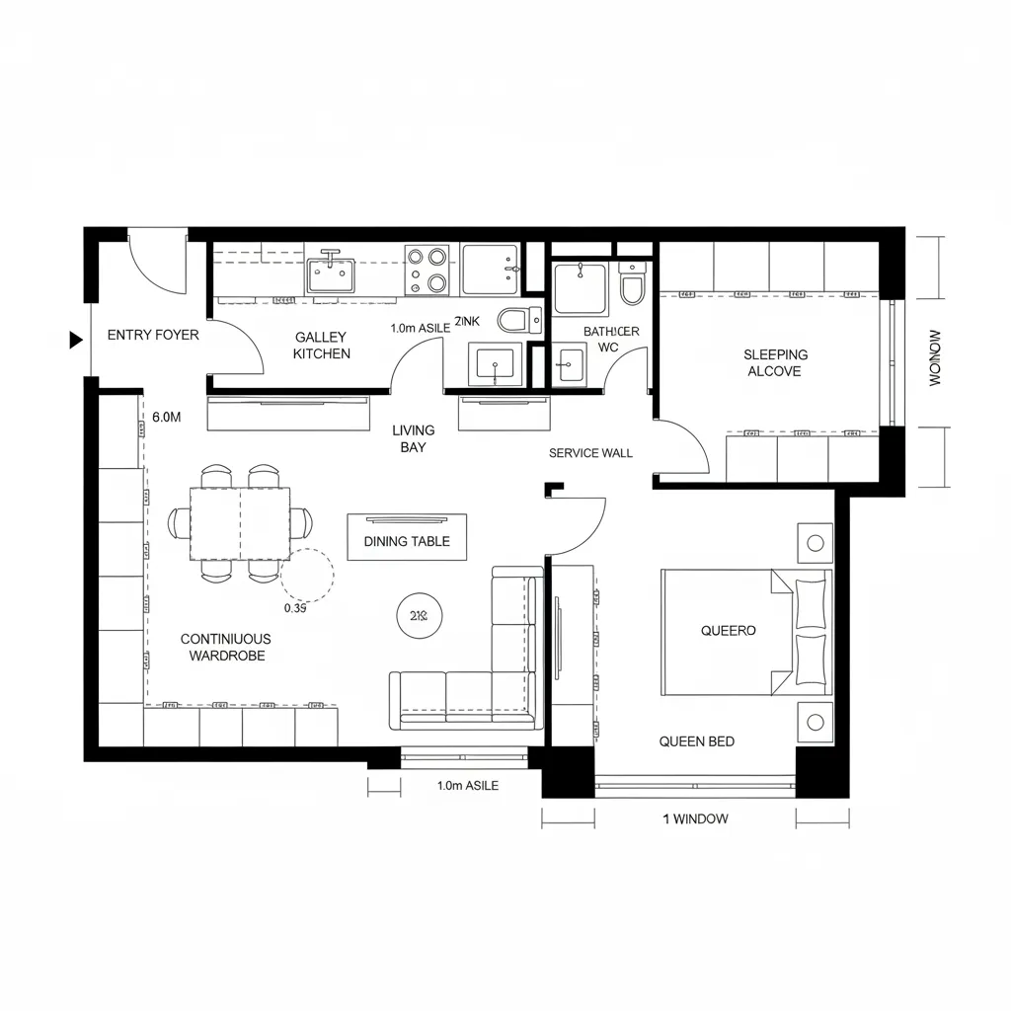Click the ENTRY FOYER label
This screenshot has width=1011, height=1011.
coord(153,335)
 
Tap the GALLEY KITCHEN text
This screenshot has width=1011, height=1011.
coord(321,346)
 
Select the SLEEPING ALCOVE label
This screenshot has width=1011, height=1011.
coord(775,362)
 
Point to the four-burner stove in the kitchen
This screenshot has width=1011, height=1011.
coord(427,270)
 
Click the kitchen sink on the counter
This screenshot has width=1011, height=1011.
coord(330,271)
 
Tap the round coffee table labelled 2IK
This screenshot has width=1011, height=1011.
coord(418,615)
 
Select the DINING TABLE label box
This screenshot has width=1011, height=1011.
coord(407,541)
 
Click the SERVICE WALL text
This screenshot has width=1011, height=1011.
coord(590,453)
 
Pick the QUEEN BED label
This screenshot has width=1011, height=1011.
coord(696,741)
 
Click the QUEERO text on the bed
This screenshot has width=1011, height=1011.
coord(728,630)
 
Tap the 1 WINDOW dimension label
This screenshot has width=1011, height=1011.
coord(695,818)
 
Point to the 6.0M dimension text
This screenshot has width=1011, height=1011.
coord(167,418)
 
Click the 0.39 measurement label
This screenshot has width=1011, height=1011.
coord(295,608)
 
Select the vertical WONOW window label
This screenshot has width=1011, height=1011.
coord(935,357)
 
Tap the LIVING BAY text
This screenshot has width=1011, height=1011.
coord(413,438)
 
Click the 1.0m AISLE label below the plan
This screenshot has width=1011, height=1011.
coord(467,786)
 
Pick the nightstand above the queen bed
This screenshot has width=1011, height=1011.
coord(816,542)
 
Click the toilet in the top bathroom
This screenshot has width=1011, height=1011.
coord(632,286)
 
